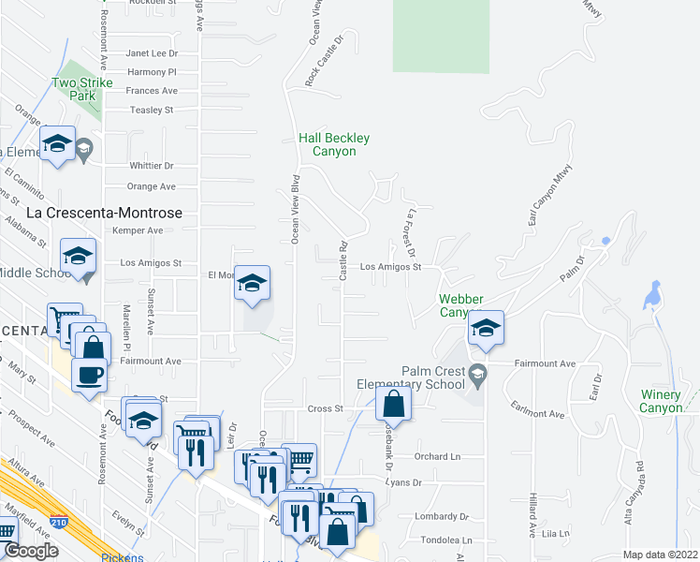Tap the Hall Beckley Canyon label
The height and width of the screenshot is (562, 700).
[334, 144]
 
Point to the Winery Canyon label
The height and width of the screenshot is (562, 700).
[661, 401]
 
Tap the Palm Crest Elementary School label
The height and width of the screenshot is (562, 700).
[411, 377]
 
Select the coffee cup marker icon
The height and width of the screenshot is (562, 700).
[90, 375]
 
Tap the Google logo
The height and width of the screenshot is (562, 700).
[31, 551]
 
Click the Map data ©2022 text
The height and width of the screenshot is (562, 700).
[660, 555]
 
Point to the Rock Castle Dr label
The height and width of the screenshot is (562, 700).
[325, 63]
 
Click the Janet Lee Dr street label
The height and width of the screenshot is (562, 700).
[152, 53]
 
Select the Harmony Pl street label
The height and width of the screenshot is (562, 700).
[152, 71]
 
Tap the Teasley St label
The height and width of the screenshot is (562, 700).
[153, 110]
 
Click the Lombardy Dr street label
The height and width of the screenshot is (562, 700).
[444, 516]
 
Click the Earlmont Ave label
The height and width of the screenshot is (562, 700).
[537, 413]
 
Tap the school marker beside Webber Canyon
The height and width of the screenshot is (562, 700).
[486, 328]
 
